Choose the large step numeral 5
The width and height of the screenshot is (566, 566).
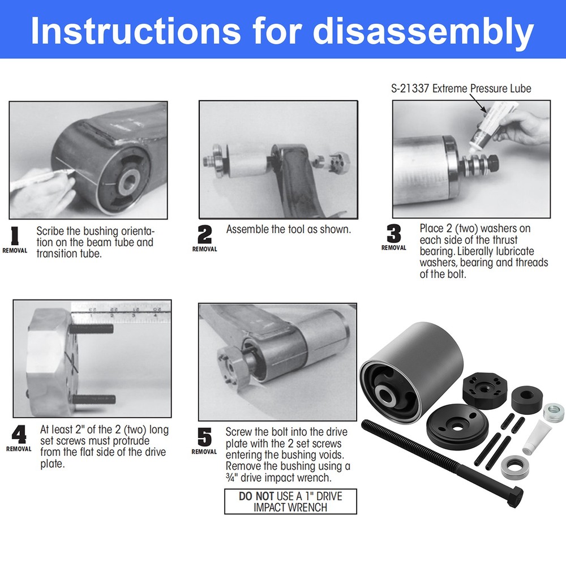pos(204,438)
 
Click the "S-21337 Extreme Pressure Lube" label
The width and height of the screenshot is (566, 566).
pos(461,89)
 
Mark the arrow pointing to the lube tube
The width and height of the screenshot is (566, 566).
pos(478,104)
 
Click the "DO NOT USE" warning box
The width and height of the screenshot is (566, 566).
pos(290,501)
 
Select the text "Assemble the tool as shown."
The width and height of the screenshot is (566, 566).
pos(289,230)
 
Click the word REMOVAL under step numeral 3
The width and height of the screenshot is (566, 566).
pos(393,248)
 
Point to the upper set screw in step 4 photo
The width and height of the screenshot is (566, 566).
pos(94,328)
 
